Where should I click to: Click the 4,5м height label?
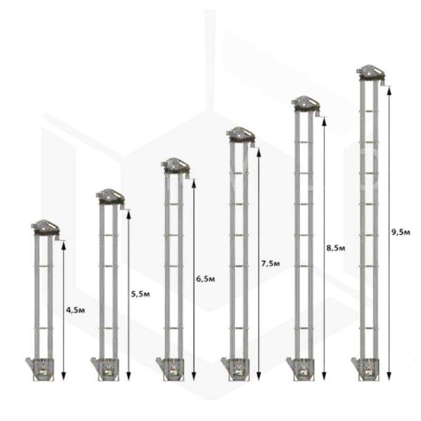pos(75,310)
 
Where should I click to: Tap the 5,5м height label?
pos(141,294)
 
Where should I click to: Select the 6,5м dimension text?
pos(205,279)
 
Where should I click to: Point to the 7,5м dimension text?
pos(270,264)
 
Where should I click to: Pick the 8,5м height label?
pos(336,248)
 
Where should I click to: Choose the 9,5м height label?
pos(400,232)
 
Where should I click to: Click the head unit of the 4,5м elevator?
pos(45,228)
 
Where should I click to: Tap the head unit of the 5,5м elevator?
pos(110,197)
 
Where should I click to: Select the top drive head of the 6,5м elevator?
pos(175,166)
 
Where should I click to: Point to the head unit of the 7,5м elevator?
pos(240,135)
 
